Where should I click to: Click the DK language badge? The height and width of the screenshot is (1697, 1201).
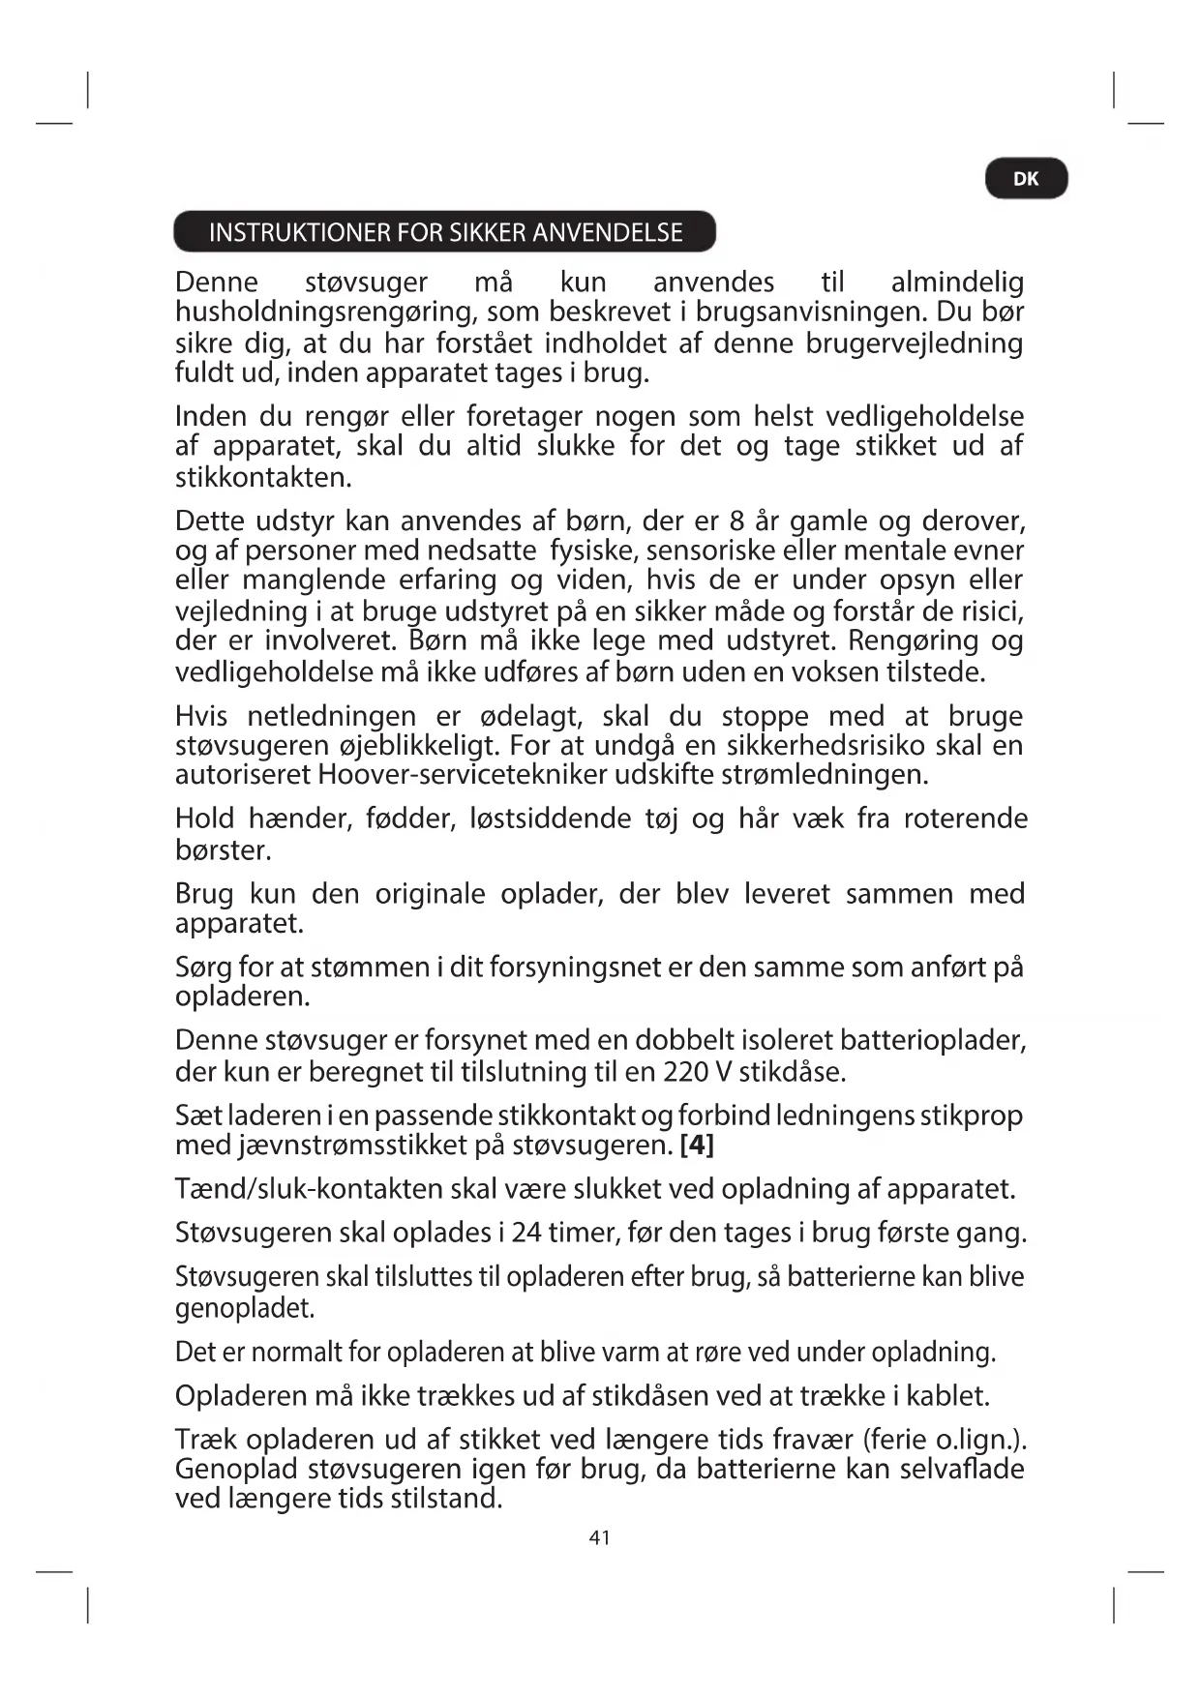(1026, 179)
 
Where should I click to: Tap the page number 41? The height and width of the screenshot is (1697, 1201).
(600, 1537)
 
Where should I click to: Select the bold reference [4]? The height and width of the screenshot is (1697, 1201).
(697, 1146)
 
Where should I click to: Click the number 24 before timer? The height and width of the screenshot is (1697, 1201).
(526, 1233)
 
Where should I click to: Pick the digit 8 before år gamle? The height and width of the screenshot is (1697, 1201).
(736, 521)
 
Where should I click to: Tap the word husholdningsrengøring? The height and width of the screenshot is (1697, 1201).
(326, 313)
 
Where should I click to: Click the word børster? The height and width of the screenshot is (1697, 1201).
(223, 850)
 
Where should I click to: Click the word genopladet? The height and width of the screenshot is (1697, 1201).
(245, 1309)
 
